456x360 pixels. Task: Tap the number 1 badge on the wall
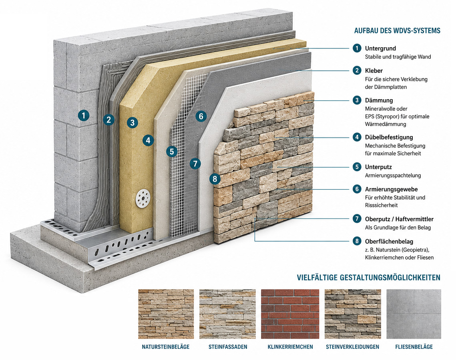(83, 116)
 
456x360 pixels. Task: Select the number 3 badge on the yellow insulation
(133, 122)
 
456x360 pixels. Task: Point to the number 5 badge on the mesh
(172, 151)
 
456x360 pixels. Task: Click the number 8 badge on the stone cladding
(215, 179)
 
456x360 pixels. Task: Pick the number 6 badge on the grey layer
(201, 116)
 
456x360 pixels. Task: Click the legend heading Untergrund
(380, 48)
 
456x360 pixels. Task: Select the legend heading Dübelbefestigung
(389, 137)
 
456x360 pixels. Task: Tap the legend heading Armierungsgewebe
(391, 190)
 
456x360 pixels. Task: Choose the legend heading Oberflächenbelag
(389, 242)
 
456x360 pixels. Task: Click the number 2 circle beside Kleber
(357, 70)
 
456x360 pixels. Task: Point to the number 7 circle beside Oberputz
(357, 218)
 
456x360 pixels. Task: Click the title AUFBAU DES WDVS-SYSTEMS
(397, 30)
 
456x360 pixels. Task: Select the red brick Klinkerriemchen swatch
(290, 314)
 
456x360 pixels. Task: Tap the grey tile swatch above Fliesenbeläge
(414, 314)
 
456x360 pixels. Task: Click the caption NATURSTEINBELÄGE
(165, 347)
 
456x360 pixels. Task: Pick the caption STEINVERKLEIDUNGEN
(352, 347)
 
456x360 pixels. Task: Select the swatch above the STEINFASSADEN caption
(227, 314)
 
